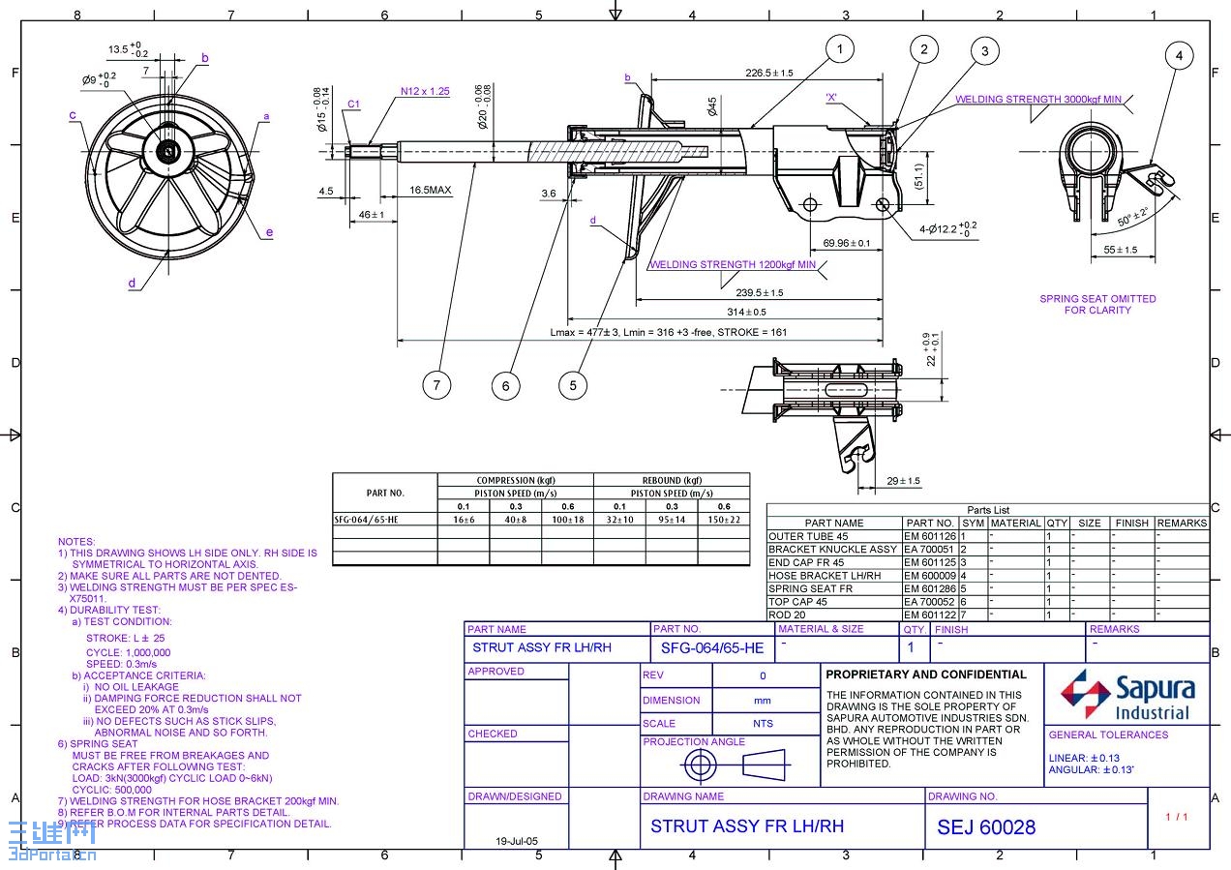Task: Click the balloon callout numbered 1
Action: point(840,49)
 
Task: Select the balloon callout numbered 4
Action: point(1179,56)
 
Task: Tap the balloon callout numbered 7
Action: point(437,385)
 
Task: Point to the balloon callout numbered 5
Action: point(573,385)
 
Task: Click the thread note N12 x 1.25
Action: point(425,92)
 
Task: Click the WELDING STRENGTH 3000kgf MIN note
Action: point(1037,100)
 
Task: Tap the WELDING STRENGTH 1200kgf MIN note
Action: point(733,264)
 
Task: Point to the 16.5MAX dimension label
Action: point(430,191)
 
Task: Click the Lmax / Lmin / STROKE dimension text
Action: point(668,332)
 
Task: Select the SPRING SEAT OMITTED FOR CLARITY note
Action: point(1097,305)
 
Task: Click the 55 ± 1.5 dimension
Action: point(1120,250)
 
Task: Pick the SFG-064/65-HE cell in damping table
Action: point(366,520)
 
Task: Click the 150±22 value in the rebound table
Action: point(723,520)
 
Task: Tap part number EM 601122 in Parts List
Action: point(930,615)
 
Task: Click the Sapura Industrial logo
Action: point(1127,695)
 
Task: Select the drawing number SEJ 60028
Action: point(985,827)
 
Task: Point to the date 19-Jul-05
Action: point(516,841)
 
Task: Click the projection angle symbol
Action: point(736,765)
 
